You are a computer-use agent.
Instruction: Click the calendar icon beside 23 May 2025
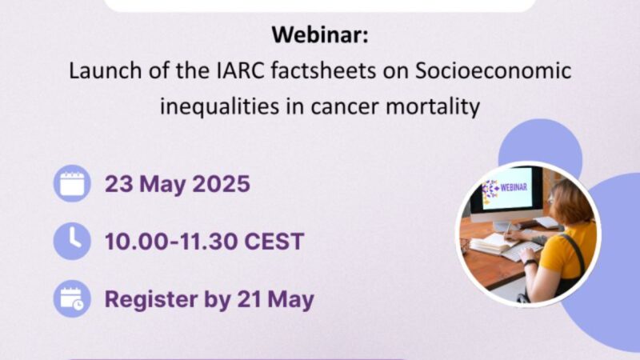click(73, 184)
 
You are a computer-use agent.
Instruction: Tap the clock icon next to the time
click(73, 241)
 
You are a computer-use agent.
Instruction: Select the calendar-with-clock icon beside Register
click(73, 299)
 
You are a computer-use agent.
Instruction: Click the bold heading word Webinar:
click(319, 36)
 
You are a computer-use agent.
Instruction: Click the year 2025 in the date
click(221, 184)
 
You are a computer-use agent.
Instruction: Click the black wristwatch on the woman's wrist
click(530, 261)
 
